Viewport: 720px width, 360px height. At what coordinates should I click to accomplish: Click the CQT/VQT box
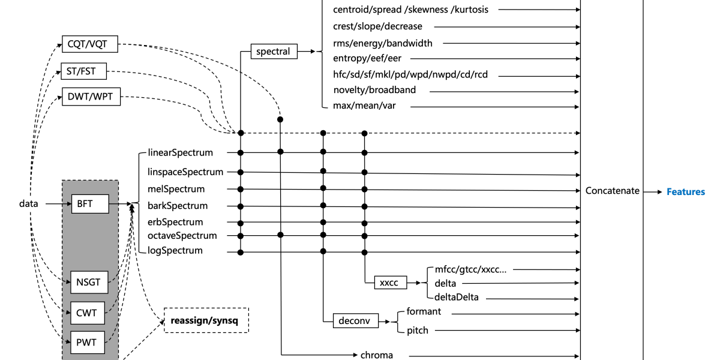coord(89,43)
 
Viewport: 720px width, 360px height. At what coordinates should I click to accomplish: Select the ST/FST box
coord(83,71)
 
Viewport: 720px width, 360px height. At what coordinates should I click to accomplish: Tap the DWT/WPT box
coord(91,97)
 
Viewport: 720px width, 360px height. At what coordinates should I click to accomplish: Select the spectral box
coord(273,52)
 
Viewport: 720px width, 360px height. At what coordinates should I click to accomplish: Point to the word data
coord(29,204)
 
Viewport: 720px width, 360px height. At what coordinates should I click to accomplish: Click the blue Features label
coord(686,192)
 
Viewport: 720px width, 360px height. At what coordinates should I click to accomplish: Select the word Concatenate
coord(613,191)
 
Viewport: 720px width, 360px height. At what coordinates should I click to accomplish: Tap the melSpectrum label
coord(176,189)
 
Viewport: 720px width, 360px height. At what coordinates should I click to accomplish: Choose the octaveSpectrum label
coord(182,236)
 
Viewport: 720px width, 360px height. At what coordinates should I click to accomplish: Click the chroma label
coord(377,355)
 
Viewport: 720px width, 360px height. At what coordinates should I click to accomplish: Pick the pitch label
coord(418,330)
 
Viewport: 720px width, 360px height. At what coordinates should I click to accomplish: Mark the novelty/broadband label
coord(374,90)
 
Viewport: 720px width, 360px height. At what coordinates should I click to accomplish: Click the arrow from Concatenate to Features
coord(650,192)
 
